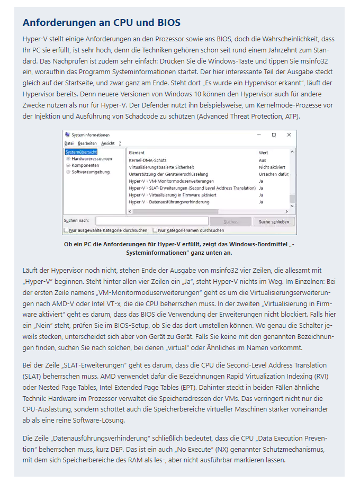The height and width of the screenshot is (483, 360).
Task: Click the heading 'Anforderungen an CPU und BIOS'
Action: click(x=101, y=23)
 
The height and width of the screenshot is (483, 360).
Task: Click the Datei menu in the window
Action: click(x=69, y=143)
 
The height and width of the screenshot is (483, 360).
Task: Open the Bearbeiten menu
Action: click(x=87, y=143)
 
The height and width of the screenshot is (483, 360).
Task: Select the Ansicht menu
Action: click(x=107, y=143)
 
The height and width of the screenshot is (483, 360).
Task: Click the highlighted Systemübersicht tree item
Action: click(x=81, y=153)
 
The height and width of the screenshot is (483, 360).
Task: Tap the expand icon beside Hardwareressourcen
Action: click(x=68, y=159)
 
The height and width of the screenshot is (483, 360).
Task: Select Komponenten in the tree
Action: click(x=85, y=165)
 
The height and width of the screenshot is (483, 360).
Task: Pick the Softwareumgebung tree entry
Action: click(x=91, y=172)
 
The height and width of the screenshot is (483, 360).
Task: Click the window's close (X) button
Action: click(x=289, y=135)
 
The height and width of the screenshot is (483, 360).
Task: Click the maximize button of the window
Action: click(x=274, y=135)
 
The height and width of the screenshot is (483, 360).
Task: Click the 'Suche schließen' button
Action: click(x=274, y=221)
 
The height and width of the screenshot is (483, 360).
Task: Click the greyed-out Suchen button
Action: click(x=231, y=221)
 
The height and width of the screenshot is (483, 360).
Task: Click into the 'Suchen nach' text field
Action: click(x=151, y=221)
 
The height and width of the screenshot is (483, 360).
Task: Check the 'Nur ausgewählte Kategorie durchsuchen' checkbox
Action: click(x=66, y=230)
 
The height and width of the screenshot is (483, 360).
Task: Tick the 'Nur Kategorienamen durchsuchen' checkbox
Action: click(x=155, y=230)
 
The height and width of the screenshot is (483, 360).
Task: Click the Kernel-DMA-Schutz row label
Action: click(x=148, y=160)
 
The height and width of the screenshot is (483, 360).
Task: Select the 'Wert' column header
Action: click(x=263, y=153)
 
